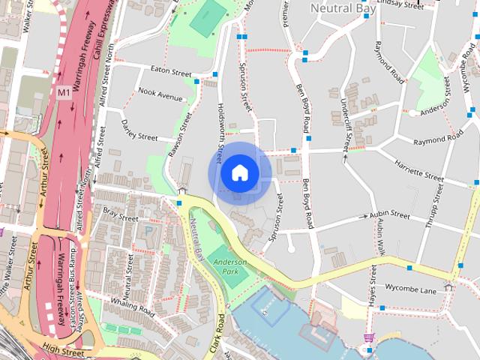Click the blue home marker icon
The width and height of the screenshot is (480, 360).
pos(239,173)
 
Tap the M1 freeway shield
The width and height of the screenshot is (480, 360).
pos(64,92)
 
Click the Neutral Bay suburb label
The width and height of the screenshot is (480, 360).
pos(342,9)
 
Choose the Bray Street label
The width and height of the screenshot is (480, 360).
pos(121,218)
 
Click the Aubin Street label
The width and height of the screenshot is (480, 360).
pos(389,216)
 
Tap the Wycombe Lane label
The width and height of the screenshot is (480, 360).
pos(409,288)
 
